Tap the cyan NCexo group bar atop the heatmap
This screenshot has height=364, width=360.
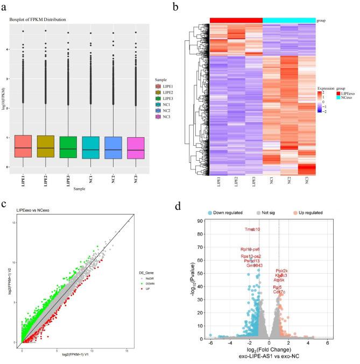(x=289, y=20)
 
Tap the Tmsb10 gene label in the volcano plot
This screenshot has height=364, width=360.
(x=252, y=230)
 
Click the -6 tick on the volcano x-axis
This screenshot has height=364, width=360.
(x=210, y=344)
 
